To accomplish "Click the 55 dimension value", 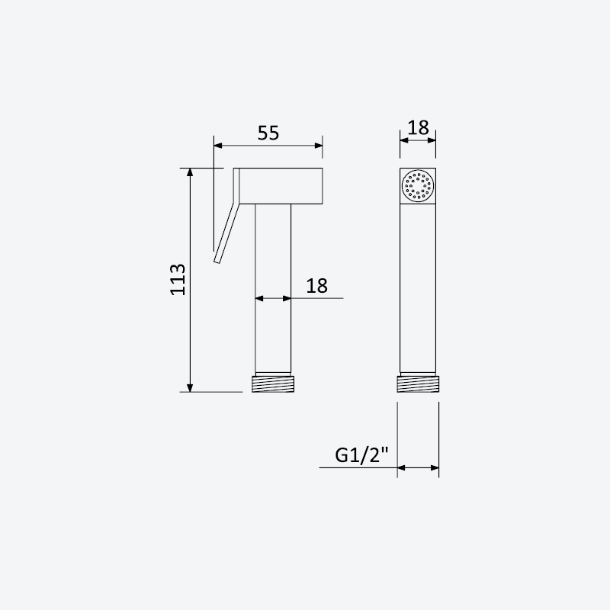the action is point(268,133).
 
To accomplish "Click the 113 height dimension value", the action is point(178,280).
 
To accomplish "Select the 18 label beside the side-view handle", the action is point(316,286).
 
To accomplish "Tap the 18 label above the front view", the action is point(418,127).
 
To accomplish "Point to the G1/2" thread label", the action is point(361,454).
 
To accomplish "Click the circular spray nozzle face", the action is point(418,186).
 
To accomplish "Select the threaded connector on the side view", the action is point(273,384).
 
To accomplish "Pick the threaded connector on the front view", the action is point(418,384).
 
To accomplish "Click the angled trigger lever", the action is point(224,233).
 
